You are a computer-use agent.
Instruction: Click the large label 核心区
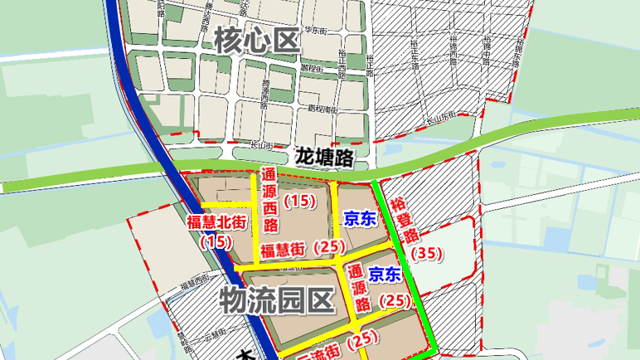click(255, 39)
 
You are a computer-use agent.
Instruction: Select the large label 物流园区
click(276, 300)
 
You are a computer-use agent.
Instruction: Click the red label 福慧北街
click(216, 221)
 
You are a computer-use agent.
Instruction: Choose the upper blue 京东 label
click(360, 219)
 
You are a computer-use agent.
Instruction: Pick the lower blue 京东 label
click(385, 274)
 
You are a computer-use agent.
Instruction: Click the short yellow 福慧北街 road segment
click(224, 204)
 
